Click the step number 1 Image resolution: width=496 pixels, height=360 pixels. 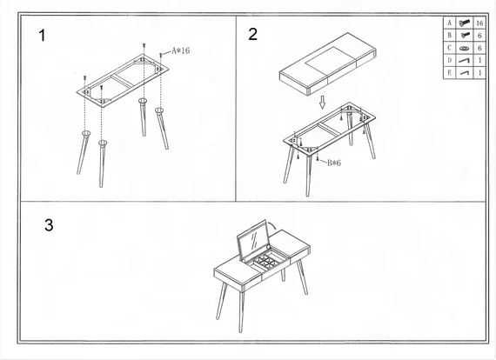(x=42, y=36)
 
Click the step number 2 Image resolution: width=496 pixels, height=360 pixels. (x=252, y=34)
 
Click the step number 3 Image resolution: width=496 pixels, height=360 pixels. (x=49, y=225)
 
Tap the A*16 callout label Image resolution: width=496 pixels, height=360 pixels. (x=181, y=51)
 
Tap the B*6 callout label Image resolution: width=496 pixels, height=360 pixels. (x=334, y=163)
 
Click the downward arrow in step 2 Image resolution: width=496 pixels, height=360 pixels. (x=322, y=102)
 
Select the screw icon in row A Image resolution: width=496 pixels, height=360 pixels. (x=464, y=23)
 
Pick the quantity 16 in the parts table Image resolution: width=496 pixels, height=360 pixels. (x=479, y=23)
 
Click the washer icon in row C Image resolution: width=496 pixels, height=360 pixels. (x=464, y=49)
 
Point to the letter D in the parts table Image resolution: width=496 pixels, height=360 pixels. (x=450, y=60)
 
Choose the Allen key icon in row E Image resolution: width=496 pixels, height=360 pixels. (x=465, y=73)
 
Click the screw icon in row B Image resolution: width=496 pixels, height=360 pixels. (x=465, y=35)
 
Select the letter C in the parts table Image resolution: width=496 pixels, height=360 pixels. (x=450, y=48)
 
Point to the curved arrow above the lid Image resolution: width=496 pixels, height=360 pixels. (x=271, y=225)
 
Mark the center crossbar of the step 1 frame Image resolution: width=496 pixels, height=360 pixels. (x=123, y=81)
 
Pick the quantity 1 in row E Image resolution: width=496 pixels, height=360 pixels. (x=479, y=73)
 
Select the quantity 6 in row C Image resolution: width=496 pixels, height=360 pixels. (x=479, y=48)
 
